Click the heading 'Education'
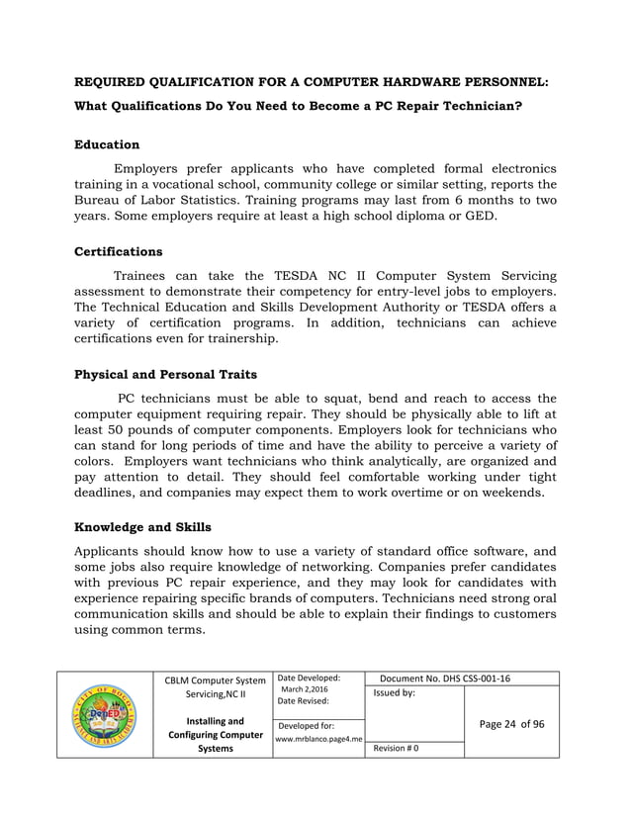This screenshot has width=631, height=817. click(x=107, y=144)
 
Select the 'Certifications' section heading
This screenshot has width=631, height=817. click(x=119, y=251)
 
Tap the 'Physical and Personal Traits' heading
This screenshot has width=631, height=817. click(x=166, y=375)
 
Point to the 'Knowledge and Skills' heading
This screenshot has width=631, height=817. click(x=142, y=527)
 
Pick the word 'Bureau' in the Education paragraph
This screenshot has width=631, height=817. click(x=102, y=201)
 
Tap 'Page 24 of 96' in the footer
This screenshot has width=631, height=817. click(x=511, y=723)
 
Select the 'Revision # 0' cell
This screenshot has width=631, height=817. click(x=397, y=749)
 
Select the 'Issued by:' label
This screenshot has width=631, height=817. click(x=394, y=694)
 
